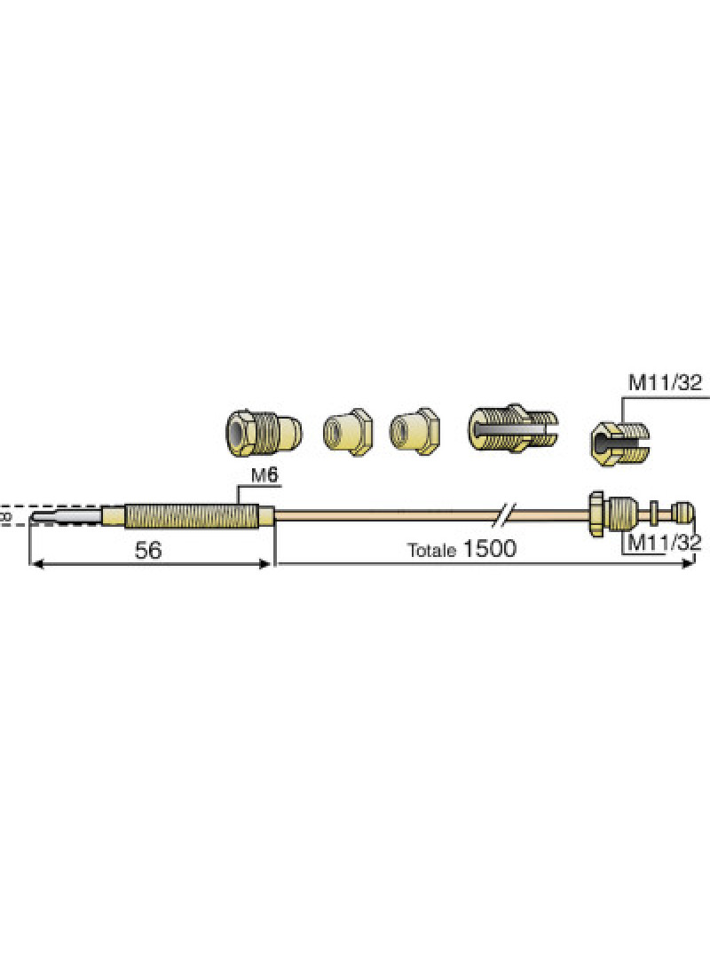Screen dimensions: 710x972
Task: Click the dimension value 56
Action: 149,550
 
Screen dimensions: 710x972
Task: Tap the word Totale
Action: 431,550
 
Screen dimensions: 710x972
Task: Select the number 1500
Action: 489,549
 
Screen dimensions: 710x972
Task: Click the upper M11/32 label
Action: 666,383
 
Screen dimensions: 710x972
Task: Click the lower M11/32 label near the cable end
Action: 664,543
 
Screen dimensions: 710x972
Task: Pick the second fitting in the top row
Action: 348,432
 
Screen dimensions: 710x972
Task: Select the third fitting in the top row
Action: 414,431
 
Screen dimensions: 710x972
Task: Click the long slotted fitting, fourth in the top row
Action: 513,428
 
